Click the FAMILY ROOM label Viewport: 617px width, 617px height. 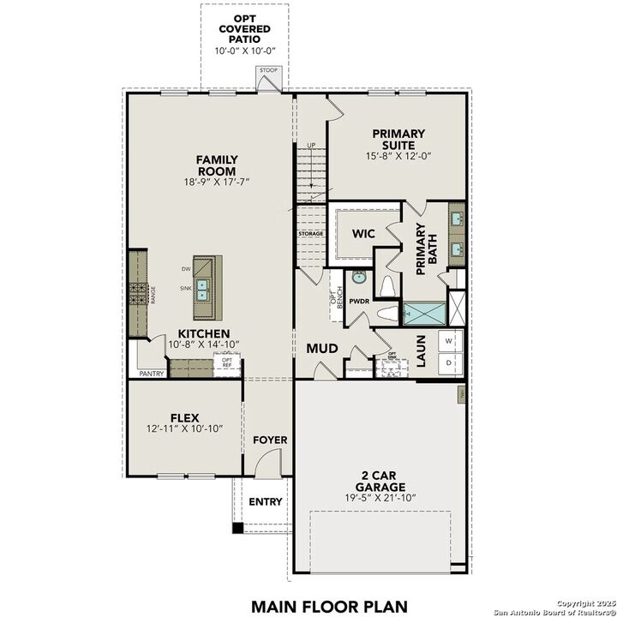(x=217, y=165)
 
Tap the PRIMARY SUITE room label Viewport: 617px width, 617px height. (x=398, y=139)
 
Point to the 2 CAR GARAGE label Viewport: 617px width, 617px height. (x=381, y=481)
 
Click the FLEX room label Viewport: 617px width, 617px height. (x=184, y=417)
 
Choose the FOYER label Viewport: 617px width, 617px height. (x=269, y=440)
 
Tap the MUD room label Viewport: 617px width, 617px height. (x=322, y=349)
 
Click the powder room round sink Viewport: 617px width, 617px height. (x=358, y=278)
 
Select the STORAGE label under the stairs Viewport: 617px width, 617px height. (x=310, y=234)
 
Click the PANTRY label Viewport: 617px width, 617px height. (x=152, y=374)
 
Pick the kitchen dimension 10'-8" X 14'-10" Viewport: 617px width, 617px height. (x=203, y=344)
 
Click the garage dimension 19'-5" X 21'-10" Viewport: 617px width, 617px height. (x=381, y=498)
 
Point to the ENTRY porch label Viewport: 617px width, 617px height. (x=265, y=501)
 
